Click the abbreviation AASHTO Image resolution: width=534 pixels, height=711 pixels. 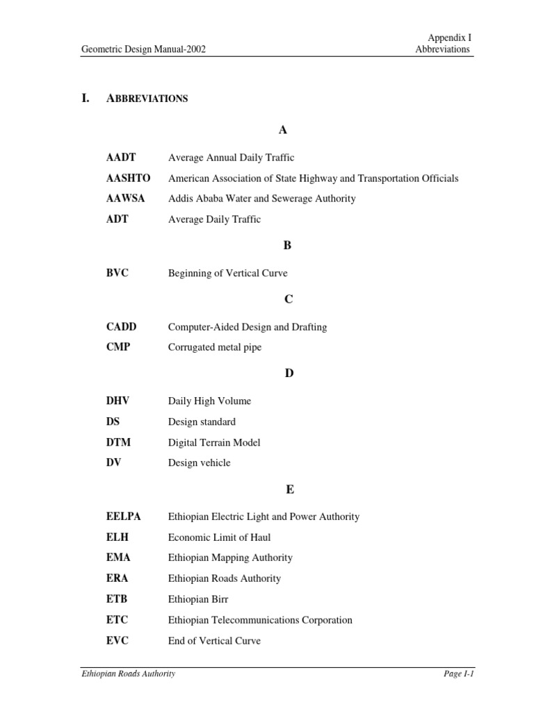tap(128, 178)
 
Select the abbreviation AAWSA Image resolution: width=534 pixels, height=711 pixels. tap(125, 199)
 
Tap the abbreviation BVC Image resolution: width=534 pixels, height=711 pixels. tap(118, 274)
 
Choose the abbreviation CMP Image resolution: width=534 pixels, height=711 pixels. tap(118, 347)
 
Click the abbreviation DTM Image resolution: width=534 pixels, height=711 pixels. tap(118, 442)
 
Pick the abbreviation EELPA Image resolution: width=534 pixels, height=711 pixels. tap(124, 517)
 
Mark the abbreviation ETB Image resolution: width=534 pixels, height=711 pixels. tap(117, 599)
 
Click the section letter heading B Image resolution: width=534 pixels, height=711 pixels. tap(287, 246)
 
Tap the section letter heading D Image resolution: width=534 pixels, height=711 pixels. tap(289, 374)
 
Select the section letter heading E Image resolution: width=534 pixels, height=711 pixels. tap(289, 490)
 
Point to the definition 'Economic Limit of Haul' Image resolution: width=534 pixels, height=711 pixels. tap(219, 537)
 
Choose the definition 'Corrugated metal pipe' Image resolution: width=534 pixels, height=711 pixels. tap(215, 347)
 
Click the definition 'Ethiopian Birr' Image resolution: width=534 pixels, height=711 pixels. tap(198, 599)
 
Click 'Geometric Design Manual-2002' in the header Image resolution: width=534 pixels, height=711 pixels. tap(143, 49)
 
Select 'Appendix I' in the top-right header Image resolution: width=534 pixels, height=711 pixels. tap(449, 37)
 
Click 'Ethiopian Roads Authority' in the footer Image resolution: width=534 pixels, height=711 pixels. tap(128, 674)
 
